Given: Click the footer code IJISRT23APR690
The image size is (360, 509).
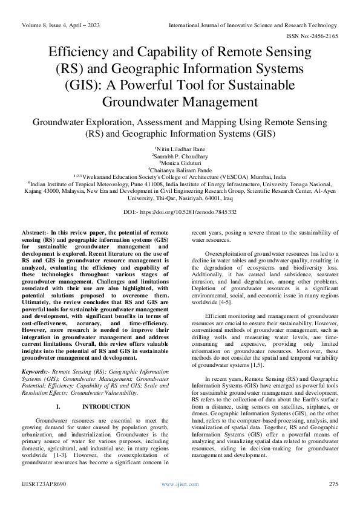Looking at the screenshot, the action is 44,485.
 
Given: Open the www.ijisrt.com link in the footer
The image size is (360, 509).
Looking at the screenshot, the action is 180,485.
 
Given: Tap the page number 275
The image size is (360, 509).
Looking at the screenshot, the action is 332,485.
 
